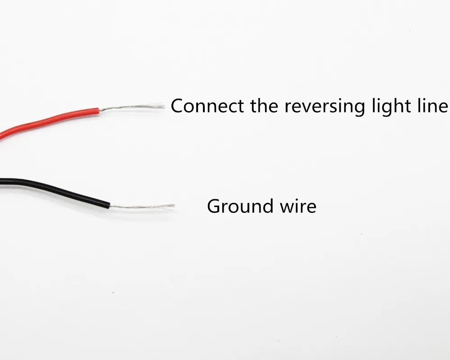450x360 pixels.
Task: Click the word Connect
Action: click(x=207, y=106)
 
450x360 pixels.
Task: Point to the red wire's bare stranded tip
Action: click(x=132, y=107)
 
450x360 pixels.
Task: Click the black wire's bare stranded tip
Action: click(x=143, y=207)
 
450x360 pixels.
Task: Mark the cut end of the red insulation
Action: click(x=99, y=111)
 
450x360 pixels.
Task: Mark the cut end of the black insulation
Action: click(x=109, y=205)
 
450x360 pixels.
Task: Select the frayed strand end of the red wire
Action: click(x=164, y=106)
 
